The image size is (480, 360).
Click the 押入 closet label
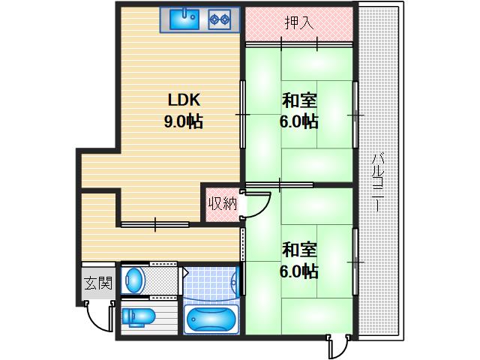coord(298,22)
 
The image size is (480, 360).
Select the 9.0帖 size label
coord(184,121)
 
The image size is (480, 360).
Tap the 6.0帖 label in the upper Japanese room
coord(299,121)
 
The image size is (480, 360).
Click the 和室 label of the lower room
coord(299,250)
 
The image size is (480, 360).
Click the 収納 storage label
coord(223,202)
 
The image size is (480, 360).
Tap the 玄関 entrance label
coord(97,283)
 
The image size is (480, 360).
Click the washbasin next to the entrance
coord(134,280)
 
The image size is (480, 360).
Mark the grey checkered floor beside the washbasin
coord(163,280)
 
